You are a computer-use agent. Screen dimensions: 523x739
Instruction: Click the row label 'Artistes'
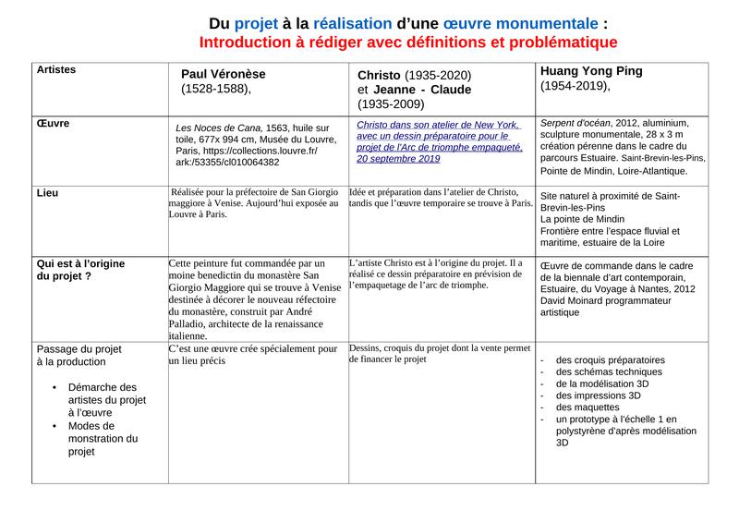coord(55,69)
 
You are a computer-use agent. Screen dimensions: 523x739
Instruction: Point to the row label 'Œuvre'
coord(53,123)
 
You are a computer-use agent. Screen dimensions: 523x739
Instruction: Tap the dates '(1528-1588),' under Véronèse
coord(216,90)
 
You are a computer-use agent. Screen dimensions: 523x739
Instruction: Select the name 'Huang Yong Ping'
coord(591,70)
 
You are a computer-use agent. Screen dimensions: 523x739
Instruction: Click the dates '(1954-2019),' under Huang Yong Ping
coord(575,86)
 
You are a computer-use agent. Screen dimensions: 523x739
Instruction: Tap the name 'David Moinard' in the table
coord(575,300)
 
